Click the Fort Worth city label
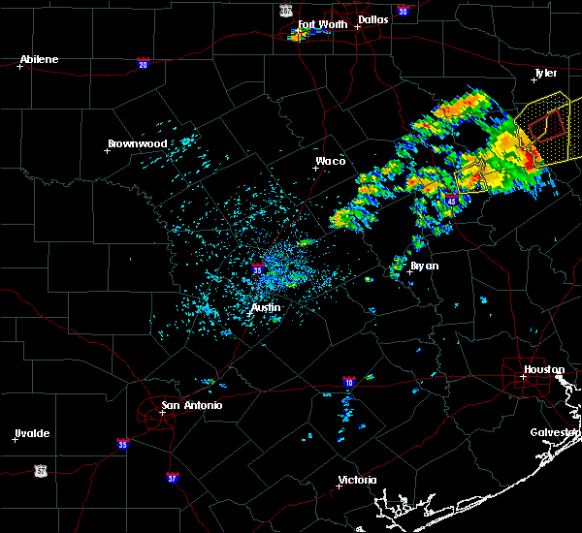(x=321, y=24)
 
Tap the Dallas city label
(x=372, y=18)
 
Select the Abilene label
(x=39, y=59)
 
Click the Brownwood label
(x=137, y=143)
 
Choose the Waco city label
(x=331, y=161)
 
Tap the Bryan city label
(x=424, y=265)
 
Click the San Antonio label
(x=190, y=405)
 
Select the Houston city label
(x=544, y=369)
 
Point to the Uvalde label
(x=31, y=433)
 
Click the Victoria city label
(x=357, y=480)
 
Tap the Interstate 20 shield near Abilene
(x=144, y=64)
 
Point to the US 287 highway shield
(x=285, y=9)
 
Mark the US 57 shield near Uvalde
(x=40, y=469)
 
